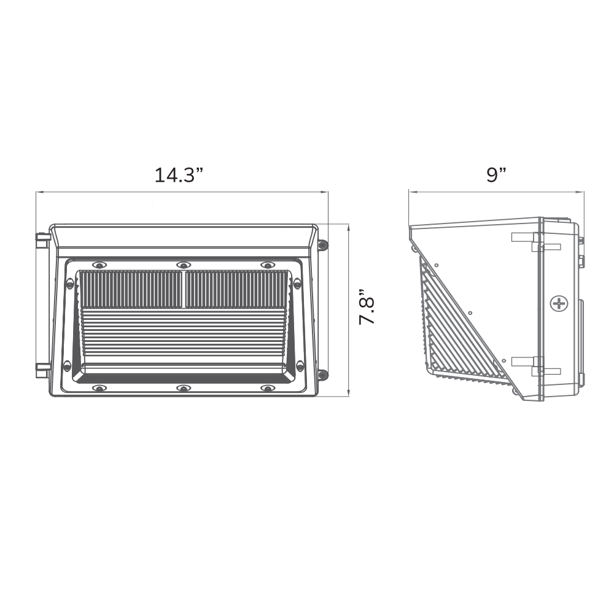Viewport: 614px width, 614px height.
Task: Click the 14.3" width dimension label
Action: pos(179,175)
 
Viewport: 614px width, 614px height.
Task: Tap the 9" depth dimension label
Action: pos(496,175)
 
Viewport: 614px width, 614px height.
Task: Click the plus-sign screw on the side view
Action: pos(559,303)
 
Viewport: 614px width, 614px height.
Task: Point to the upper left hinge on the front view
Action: pos(42,240)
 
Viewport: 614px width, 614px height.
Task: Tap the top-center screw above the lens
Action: pos(182,265)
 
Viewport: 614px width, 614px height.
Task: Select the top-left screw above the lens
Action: pos(98,265)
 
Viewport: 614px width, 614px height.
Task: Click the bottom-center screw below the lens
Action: pos(182,388)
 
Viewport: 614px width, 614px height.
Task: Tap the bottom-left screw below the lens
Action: pos(98,388)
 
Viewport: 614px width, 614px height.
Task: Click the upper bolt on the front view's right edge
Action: pos(323,245)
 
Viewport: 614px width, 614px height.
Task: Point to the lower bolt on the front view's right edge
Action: pos(323,374)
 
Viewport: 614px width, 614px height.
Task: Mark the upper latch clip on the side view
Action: pos(536,242)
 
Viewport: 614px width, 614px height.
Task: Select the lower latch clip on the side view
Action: pos(536,366)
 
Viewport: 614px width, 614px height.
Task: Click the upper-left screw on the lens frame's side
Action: pos(69,283)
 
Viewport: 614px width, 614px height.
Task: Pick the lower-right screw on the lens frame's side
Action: pos(300,366)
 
